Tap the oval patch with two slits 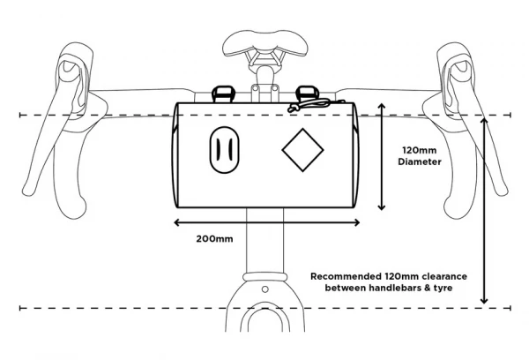point(223,152)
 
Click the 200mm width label point(213,238)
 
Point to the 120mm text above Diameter point(418,149)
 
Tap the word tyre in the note point(452,289)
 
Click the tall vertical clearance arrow point(484,212)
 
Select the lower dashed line point(132,308)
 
